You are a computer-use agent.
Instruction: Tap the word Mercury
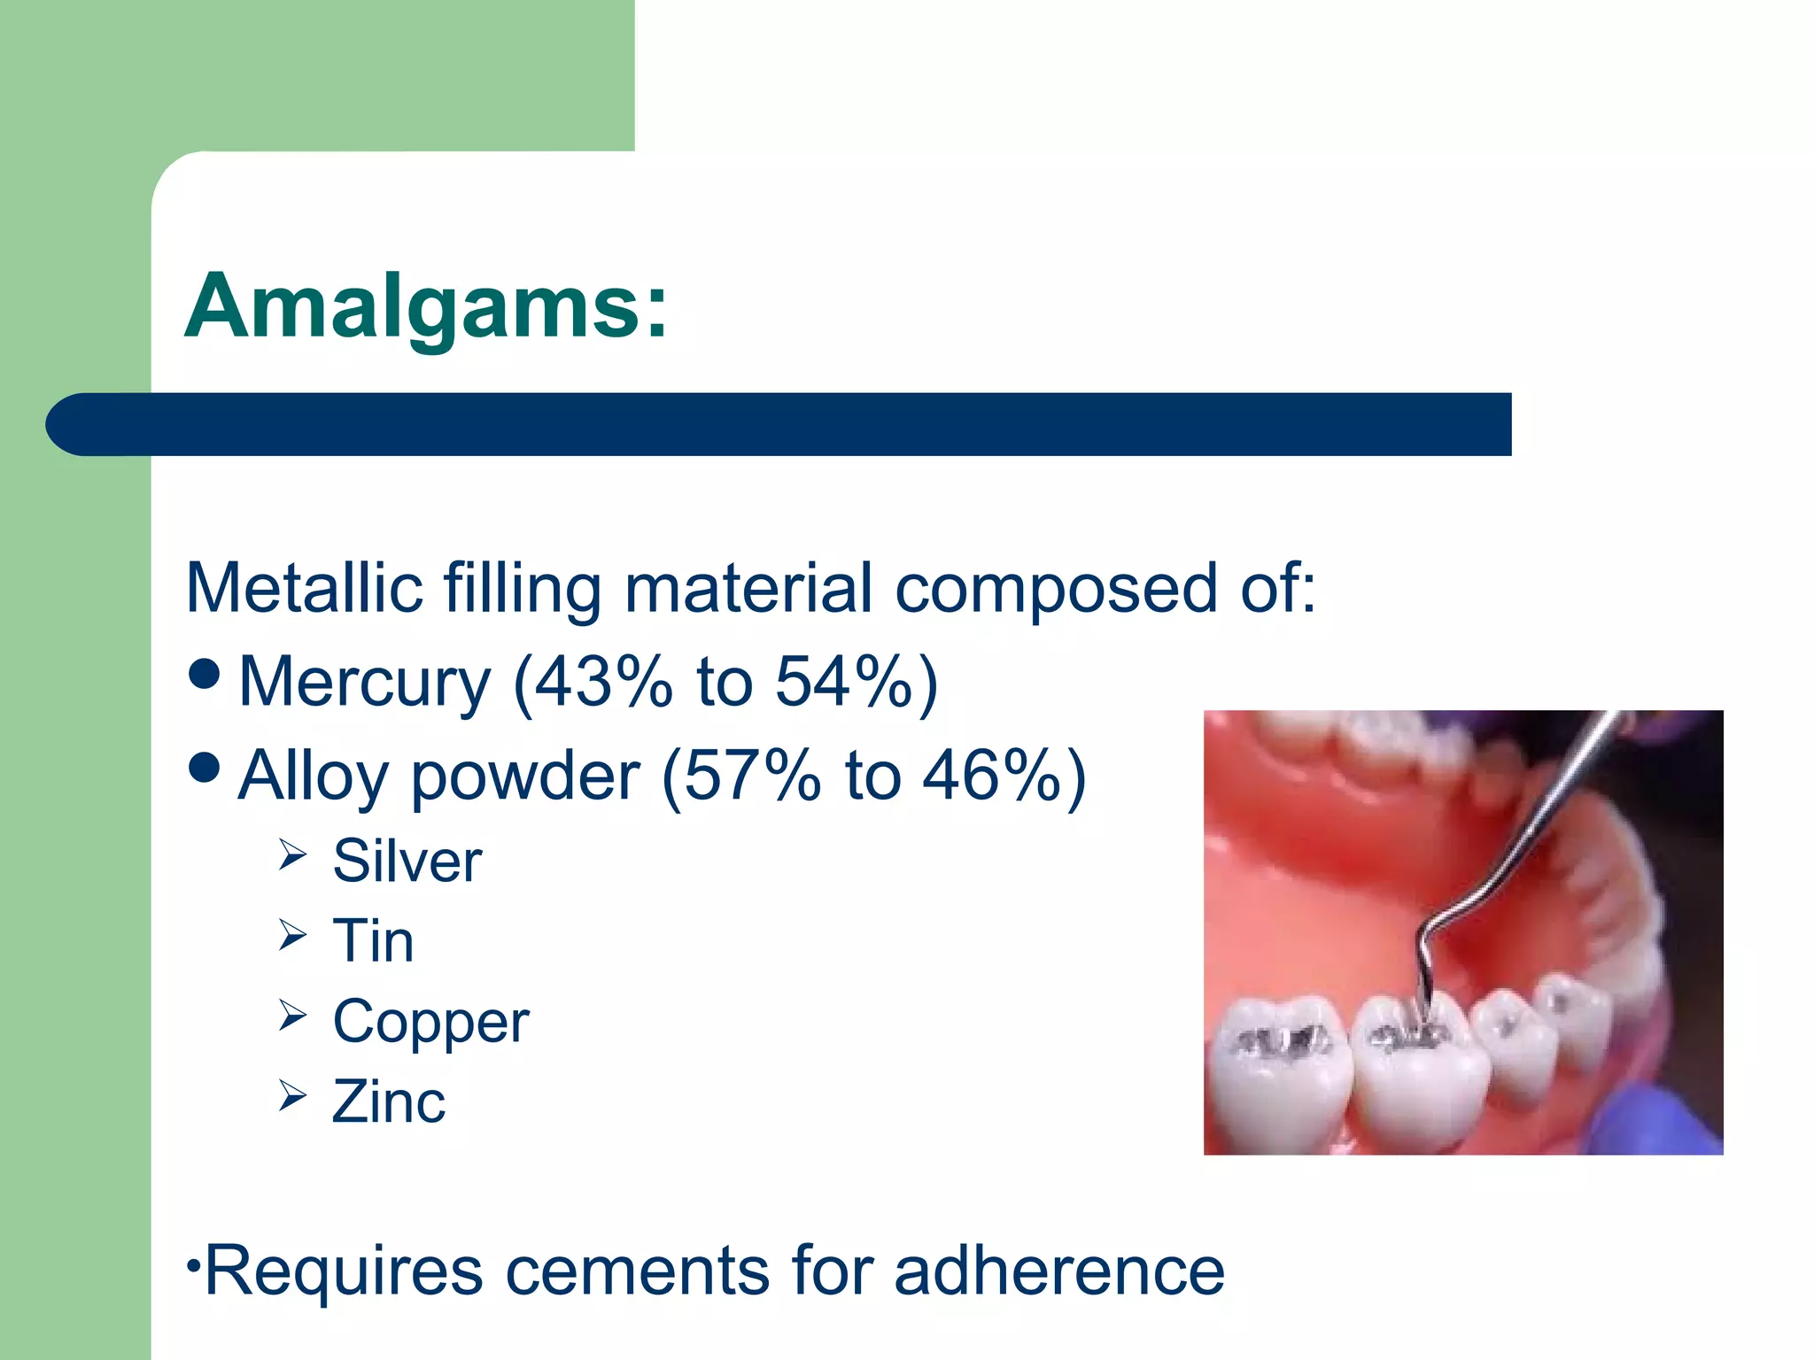pyautogui.click(x=364, y=682)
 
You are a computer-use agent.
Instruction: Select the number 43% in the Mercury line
pyautogui.click(x=603, y=682)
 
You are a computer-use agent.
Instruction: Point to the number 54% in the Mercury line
pyautogui.click(x=842, y=682)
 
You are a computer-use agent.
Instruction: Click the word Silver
pyautogui.click(x=407, y=861)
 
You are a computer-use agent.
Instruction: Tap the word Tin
pyautogui.click(x=373, y=940)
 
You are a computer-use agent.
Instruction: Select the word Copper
pyautogui.click(x=430, y=1022)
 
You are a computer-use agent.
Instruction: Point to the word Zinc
pyautogui.click(x=388, y=1101)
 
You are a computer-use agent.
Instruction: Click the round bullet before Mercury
pyautogui.click(x=205, y=674)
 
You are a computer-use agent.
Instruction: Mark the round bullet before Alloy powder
pyautogui.click(x=205, y=768)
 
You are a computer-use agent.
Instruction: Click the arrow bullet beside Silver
pyautogui.click(x=291, y=854)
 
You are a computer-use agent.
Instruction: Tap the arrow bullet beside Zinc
pyautogui.click(x=291, y=1095)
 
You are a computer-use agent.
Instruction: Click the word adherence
pyautogui.click(x=1059, y=1271)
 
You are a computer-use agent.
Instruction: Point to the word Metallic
pyautogui.click(x=303, y=588)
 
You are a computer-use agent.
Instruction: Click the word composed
pyautogui.click(x=1055, y=590)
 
